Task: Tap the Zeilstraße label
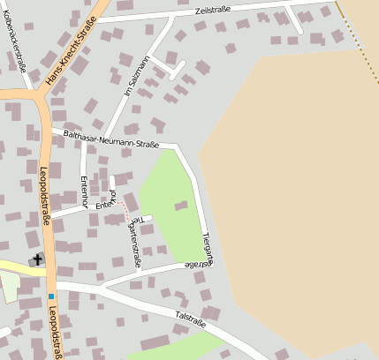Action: click(x=216, y=12)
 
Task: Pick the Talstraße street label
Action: click(x=190, y=315)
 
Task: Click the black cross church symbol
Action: click(x=37, y=259)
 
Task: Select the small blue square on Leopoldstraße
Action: click(x=51, y=296)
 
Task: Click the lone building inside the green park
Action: click(x=181, y=206)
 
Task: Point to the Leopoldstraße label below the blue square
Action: click(x=57, y=334)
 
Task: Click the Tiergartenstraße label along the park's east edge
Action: click(x=208, y=248)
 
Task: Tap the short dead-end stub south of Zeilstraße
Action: click(x=295, y=22)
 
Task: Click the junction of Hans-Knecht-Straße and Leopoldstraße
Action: click(x=39, y=94)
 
